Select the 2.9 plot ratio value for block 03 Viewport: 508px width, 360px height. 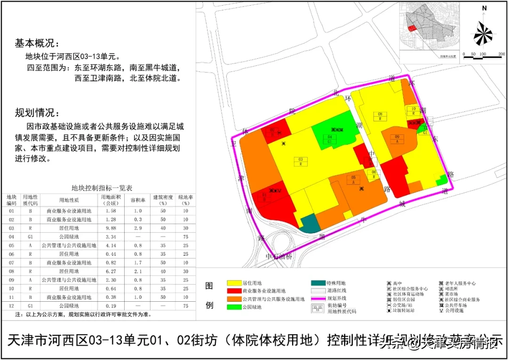pyautogui.click(x=136, y=228)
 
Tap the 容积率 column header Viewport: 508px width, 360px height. pyautogui.click(x=136, y=200)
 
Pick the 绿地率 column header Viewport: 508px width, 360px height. pyautogui.click(x=185, y=200)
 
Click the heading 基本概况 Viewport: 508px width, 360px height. pyautogui.click(x=34, y=43)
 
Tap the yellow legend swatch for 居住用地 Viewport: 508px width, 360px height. pyautogui.click(x=234, y=283)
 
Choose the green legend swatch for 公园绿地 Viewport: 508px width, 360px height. pyautogui.click(x=234, y=307)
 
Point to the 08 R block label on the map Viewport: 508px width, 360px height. pyautogui.click(x=380, y=116)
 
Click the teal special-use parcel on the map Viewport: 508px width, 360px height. pyautogui.click(x=309, y=223)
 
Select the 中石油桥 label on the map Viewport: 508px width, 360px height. pyautogui.click(x=279, y=257)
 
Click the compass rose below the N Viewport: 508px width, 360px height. pyautogui.click(x=483, y=33)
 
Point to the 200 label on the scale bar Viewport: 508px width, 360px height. pyautogui.click(x=501, y=55)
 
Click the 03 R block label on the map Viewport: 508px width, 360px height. pyautogui.click(x=300, y=162)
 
